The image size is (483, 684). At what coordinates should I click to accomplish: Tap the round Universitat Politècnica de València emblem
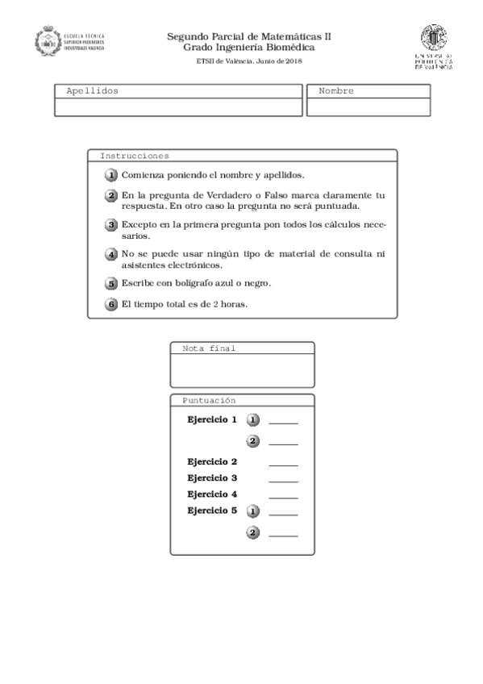(433, 38)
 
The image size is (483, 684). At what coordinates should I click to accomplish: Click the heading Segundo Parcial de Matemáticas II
(249, 36)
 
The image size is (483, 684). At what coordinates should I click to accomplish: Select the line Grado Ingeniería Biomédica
(249, 48)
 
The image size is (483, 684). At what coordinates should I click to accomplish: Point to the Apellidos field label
(92, 91)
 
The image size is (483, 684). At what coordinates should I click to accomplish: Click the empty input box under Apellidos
(178, 107)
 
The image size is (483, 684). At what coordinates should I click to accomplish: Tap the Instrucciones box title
(135, 156)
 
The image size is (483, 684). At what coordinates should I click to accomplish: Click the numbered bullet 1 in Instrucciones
(111, 175)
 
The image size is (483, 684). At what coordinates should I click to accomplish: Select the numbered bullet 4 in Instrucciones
(111, 254)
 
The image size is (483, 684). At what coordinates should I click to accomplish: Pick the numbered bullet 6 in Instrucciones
(111, 304)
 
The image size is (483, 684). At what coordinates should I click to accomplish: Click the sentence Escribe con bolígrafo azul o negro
(196, 283)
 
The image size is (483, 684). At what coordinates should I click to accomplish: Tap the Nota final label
(209, 348)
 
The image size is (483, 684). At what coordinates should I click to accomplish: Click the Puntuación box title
(209, 400)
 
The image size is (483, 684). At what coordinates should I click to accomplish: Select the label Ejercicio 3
(212, 478)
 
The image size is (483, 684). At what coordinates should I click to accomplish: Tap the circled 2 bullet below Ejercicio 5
(253, 532)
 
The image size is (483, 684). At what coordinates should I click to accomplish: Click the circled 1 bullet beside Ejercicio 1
(253, 420)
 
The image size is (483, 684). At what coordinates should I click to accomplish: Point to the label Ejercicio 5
(212, 511)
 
